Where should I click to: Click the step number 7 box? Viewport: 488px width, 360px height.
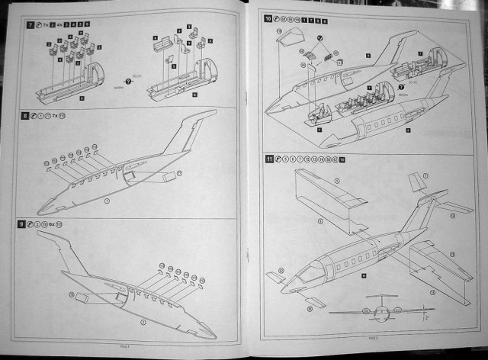(x=29, y=25)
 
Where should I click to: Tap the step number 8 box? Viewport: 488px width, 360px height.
(x=26, y=116)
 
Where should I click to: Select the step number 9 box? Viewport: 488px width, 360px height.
(x=26, y=225)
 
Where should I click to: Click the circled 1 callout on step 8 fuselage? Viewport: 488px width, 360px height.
(x=108, y=201)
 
